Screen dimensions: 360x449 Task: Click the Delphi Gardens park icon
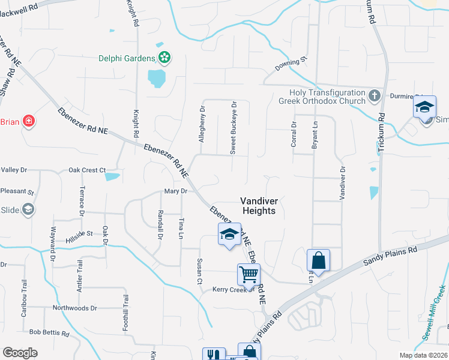(x=164, y=58)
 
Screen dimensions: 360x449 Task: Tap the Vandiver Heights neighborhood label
(x=258, y=206)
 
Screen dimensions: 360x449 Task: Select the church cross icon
(x=374, y=95)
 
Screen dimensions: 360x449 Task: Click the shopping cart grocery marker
(x=249, y=275)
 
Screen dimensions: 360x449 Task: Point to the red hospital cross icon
(x=28, y=122)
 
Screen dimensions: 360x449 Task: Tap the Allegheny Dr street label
(x=202, y=125)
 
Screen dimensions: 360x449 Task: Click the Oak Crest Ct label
(x=86, y=170)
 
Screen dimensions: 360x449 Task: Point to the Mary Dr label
(x=176, y=191)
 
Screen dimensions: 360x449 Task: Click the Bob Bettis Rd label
(x=49, y=333)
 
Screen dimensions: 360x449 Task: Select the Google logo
(x=20, y=353)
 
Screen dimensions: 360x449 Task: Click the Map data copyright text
(x=423, y=355)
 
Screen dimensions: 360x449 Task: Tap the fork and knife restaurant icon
(x=214, y=355)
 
